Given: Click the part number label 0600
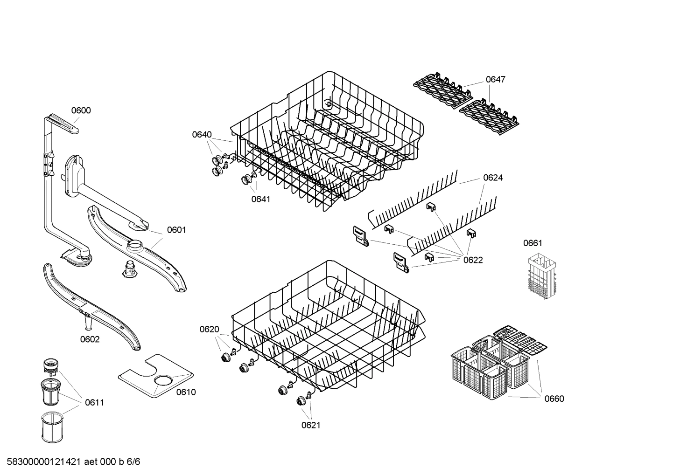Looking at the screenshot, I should pos(81,110).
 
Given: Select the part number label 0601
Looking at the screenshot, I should pos(176,230).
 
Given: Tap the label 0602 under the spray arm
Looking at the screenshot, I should pos(90,339).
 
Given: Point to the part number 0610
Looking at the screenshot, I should pos(186,392).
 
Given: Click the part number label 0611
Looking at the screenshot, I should pos(94,402).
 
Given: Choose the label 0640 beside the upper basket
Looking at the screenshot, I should pos(202,135).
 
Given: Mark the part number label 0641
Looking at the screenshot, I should pos(261,199).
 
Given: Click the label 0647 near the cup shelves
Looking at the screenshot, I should pos(495,80).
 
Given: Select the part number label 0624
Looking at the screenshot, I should pos(493,178).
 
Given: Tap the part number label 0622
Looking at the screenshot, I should pos(473,260).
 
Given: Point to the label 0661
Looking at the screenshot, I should pos(533,243).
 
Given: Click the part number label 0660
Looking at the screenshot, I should pos(554,399).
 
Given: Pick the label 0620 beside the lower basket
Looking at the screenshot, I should pos(209,330).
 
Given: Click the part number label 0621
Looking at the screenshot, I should pos(311,425).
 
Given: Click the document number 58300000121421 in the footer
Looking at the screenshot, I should pos(42,462).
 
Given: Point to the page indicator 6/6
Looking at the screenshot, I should pos(133,462).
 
